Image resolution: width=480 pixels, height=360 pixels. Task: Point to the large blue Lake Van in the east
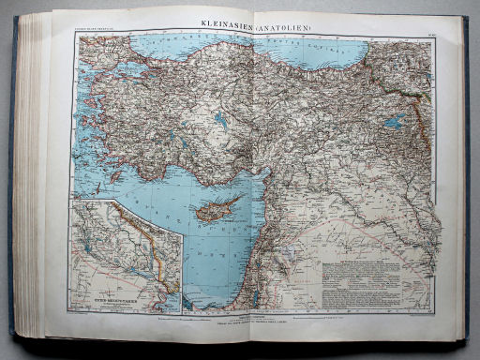point(396,120)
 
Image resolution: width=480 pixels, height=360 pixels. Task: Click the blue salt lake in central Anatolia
point(220,119)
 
